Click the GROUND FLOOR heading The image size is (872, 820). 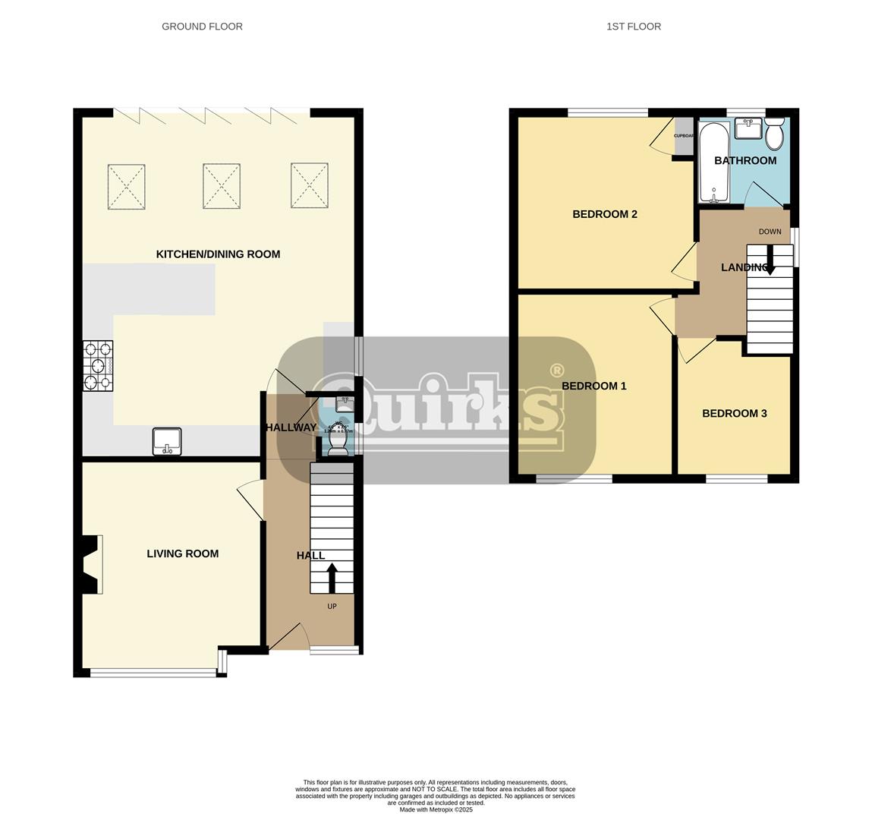[x=202, y=27]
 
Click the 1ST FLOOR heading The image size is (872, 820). [x=633, y=27]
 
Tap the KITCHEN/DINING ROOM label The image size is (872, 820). [x=218, y=254]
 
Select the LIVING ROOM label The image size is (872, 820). [x=182, y=553]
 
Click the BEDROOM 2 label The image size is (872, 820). [x=604, y=214]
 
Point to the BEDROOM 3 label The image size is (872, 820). [x=734, y=414]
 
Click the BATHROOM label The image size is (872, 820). [x=745, y=161]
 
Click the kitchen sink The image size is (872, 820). [x=167, y=442]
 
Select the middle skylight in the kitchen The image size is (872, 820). [x=222, y=186]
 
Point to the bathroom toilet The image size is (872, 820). [x=774, y=135]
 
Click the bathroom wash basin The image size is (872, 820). [x=748, y=128]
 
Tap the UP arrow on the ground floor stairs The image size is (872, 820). [x=332, y=577]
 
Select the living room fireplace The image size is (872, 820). [x=90, y=564]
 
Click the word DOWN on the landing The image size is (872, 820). [x=769, y=232]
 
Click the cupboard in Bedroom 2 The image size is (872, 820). [x=684, y=137]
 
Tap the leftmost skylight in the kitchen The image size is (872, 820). [x=127, y=186]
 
